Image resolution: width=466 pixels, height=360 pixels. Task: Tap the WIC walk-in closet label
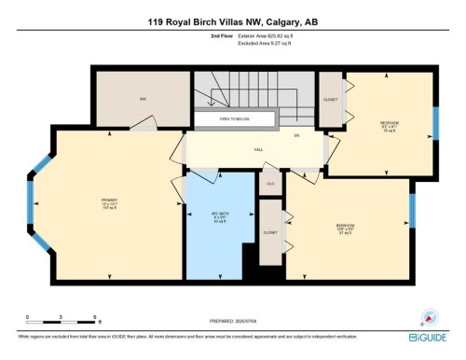pyautogui.click(x=144, y=98)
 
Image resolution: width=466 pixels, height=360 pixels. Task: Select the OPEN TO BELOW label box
pyautogui.click(x=235, y=120)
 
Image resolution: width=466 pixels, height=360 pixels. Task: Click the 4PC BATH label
pyautogui.click(x=221, y=217)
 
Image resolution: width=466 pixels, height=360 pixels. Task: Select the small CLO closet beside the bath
pyautogui.click(x=270, y=182)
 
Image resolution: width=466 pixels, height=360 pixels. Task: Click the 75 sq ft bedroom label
pyautogui.click(x=390, y=126)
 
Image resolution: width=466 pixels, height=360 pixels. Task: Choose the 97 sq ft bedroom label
pyautogui.click(x=346, y=228)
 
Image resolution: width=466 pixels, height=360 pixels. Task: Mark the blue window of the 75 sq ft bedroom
pyautogui.click(x=434, y=122)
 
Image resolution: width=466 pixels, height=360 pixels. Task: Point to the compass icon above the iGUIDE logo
pyautogui.click(x=430, y=317)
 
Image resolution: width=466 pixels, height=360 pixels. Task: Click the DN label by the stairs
pyautogui.click(x=296, y=135)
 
